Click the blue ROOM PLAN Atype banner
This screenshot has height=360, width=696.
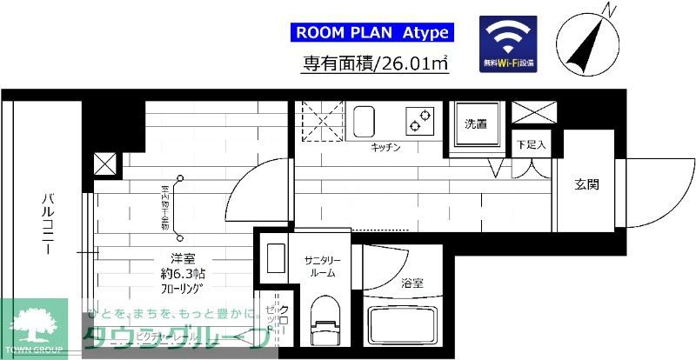coord(371,33)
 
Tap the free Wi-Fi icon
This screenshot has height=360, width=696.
coord(508,43)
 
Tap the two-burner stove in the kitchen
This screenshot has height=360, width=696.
coord(421,119)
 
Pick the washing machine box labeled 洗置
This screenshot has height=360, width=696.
coord(474,126)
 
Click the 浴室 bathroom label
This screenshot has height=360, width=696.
coord(412,283)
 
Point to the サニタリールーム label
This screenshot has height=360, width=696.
coord(321,265)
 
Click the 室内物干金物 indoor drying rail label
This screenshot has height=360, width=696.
coord(164,206)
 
